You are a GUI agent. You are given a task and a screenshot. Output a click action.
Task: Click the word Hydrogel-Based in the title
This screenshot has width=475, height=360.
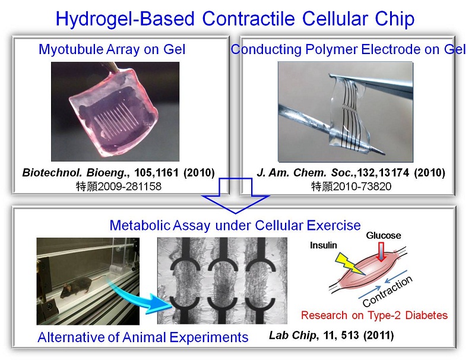(x=125, y=19)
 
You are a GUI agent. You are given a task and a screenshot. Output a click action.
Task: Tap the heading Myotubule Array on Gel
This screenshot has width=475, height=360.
(x=112, y=49)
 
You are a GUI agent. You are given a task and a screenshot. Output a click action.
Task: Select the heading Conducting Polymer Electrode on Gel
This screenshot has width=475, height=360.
(x=348, y=49)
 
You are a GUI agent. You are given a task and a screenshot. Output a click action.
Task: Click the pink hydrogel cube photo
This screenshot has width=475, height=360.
(x=115, y=112)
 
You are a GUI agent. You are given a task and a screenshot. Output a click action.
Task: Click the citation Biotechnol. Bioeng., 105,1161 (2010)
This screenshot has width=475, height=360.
(x=118, y=173)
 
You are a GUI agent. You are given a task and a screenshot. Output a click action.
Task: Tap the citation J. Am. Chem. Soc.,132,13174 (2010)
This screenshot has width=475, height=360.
(x=351, y=173)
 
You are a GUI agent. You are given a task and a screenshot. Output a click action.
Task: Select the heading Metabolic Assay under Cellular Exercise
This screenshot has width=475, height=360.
(x=235, y=226)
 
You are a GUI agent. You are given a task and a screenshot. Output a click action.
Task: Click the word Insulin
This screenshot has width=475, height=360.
(x=323, y=245)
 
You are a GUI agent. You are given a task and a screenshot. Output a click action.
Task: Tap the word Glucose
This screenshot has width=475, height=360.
(x=383, y=235)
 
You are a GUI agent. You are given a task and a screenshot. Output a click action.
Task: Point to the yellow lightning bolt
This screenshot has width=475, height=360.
(x=350, y=263)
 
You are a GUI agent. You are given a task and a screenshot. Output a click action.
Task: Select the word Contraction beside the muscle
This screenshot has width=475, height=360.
(x=388, y=291)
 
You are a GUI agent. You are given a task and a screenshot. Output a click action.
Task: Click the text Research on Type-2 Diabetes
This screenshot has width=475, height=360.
(x=374, y=315)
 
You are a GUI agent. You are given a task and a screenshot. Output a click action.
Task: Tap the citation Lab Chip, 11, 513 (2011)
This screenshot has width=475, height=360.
(x=331, y=335)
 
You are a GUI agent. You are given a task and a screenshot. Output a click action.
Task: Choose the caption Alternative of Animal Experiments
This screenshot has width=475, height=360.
(x=143, y=337)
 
